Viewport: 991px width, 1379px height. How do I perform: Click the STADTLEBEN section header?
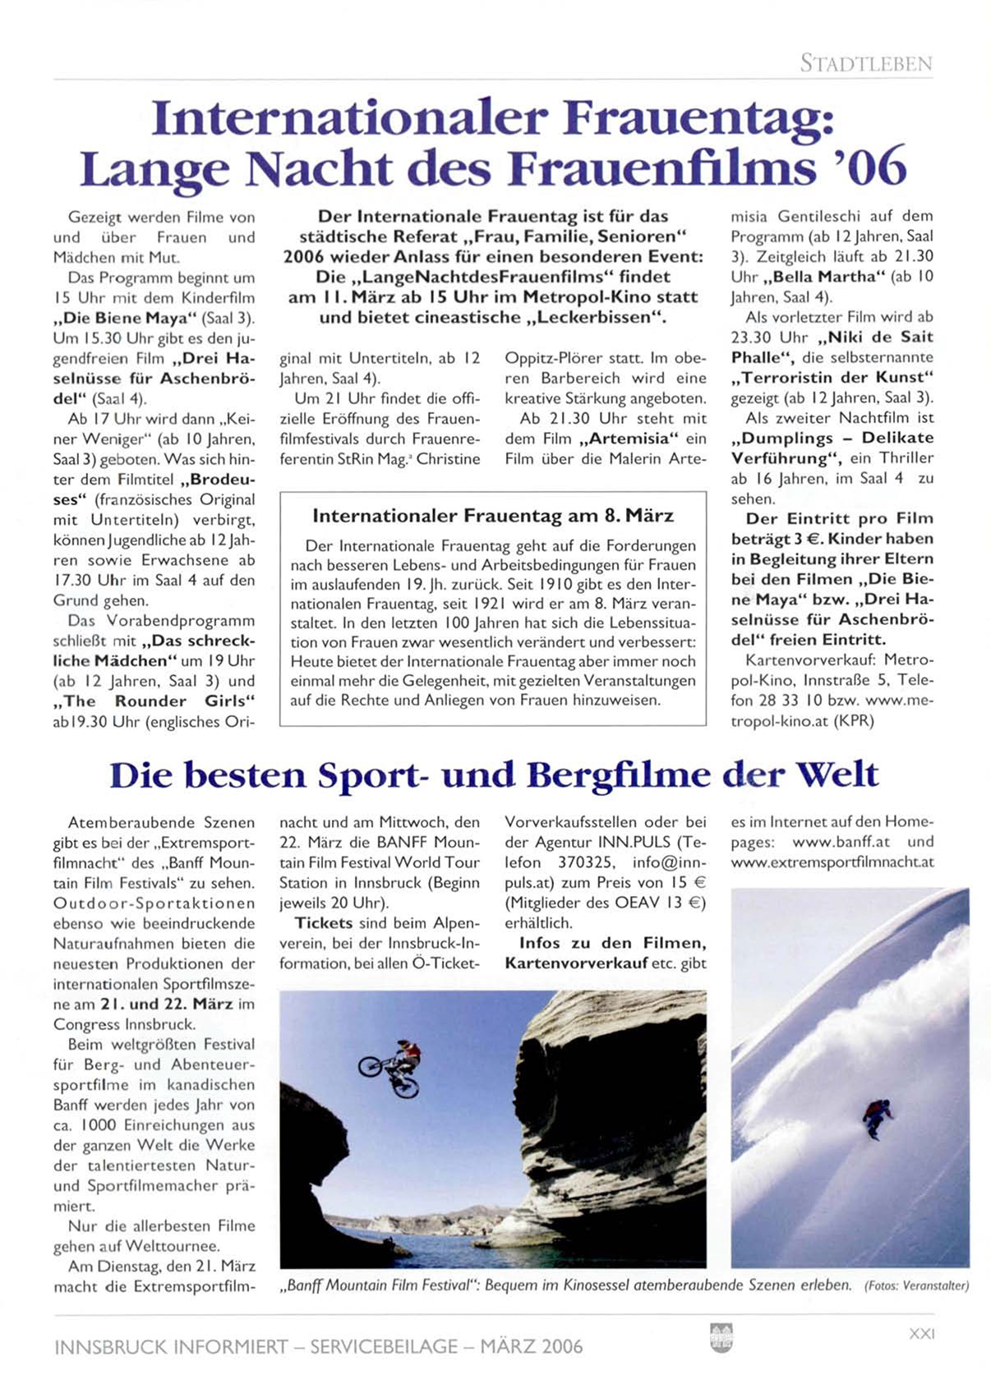pos(866,63)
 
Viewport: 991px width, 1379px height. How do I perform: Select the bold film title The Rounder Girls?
pos(154,701)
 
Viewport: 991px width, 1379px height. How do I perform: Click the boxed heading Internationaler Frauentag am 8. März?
pos(493,516)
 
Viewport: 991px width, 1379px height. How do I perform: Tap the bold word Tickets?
pos(324,923)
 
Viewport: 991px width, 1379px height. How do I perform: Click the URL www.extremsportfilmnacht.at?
pos(832,862)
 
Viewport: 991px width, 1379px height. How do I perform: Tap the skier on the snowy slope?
pos(876,1117)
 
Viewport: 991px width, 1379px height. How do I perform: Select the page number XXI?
pos(922,1335)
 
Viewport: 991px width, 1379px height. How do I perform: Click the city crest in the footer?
pos(721,1338)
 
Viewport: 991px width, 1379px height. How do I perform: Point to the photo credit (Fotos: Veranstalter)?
pos(916,1286)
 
